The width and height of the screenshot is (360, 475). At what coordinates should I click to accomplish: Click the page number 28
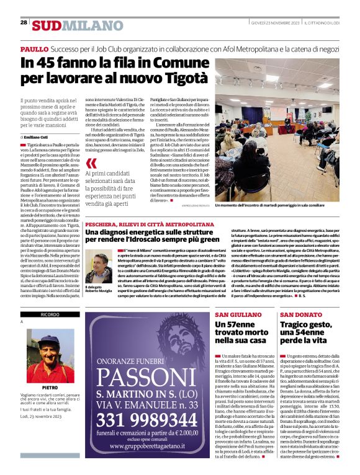(24, 22)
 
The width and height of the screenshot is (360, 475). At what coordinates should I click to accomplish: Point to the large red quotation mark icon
(91, 163)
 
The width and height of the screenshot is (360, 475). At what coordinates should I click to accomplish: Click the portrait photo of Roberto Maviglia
(99, 265)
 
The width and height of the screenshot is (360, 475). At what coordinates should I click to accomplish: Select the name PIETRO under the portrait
(50, 387)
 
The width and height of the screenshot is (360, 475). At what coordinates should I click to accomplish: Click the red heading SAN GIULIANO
(233, 316)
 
